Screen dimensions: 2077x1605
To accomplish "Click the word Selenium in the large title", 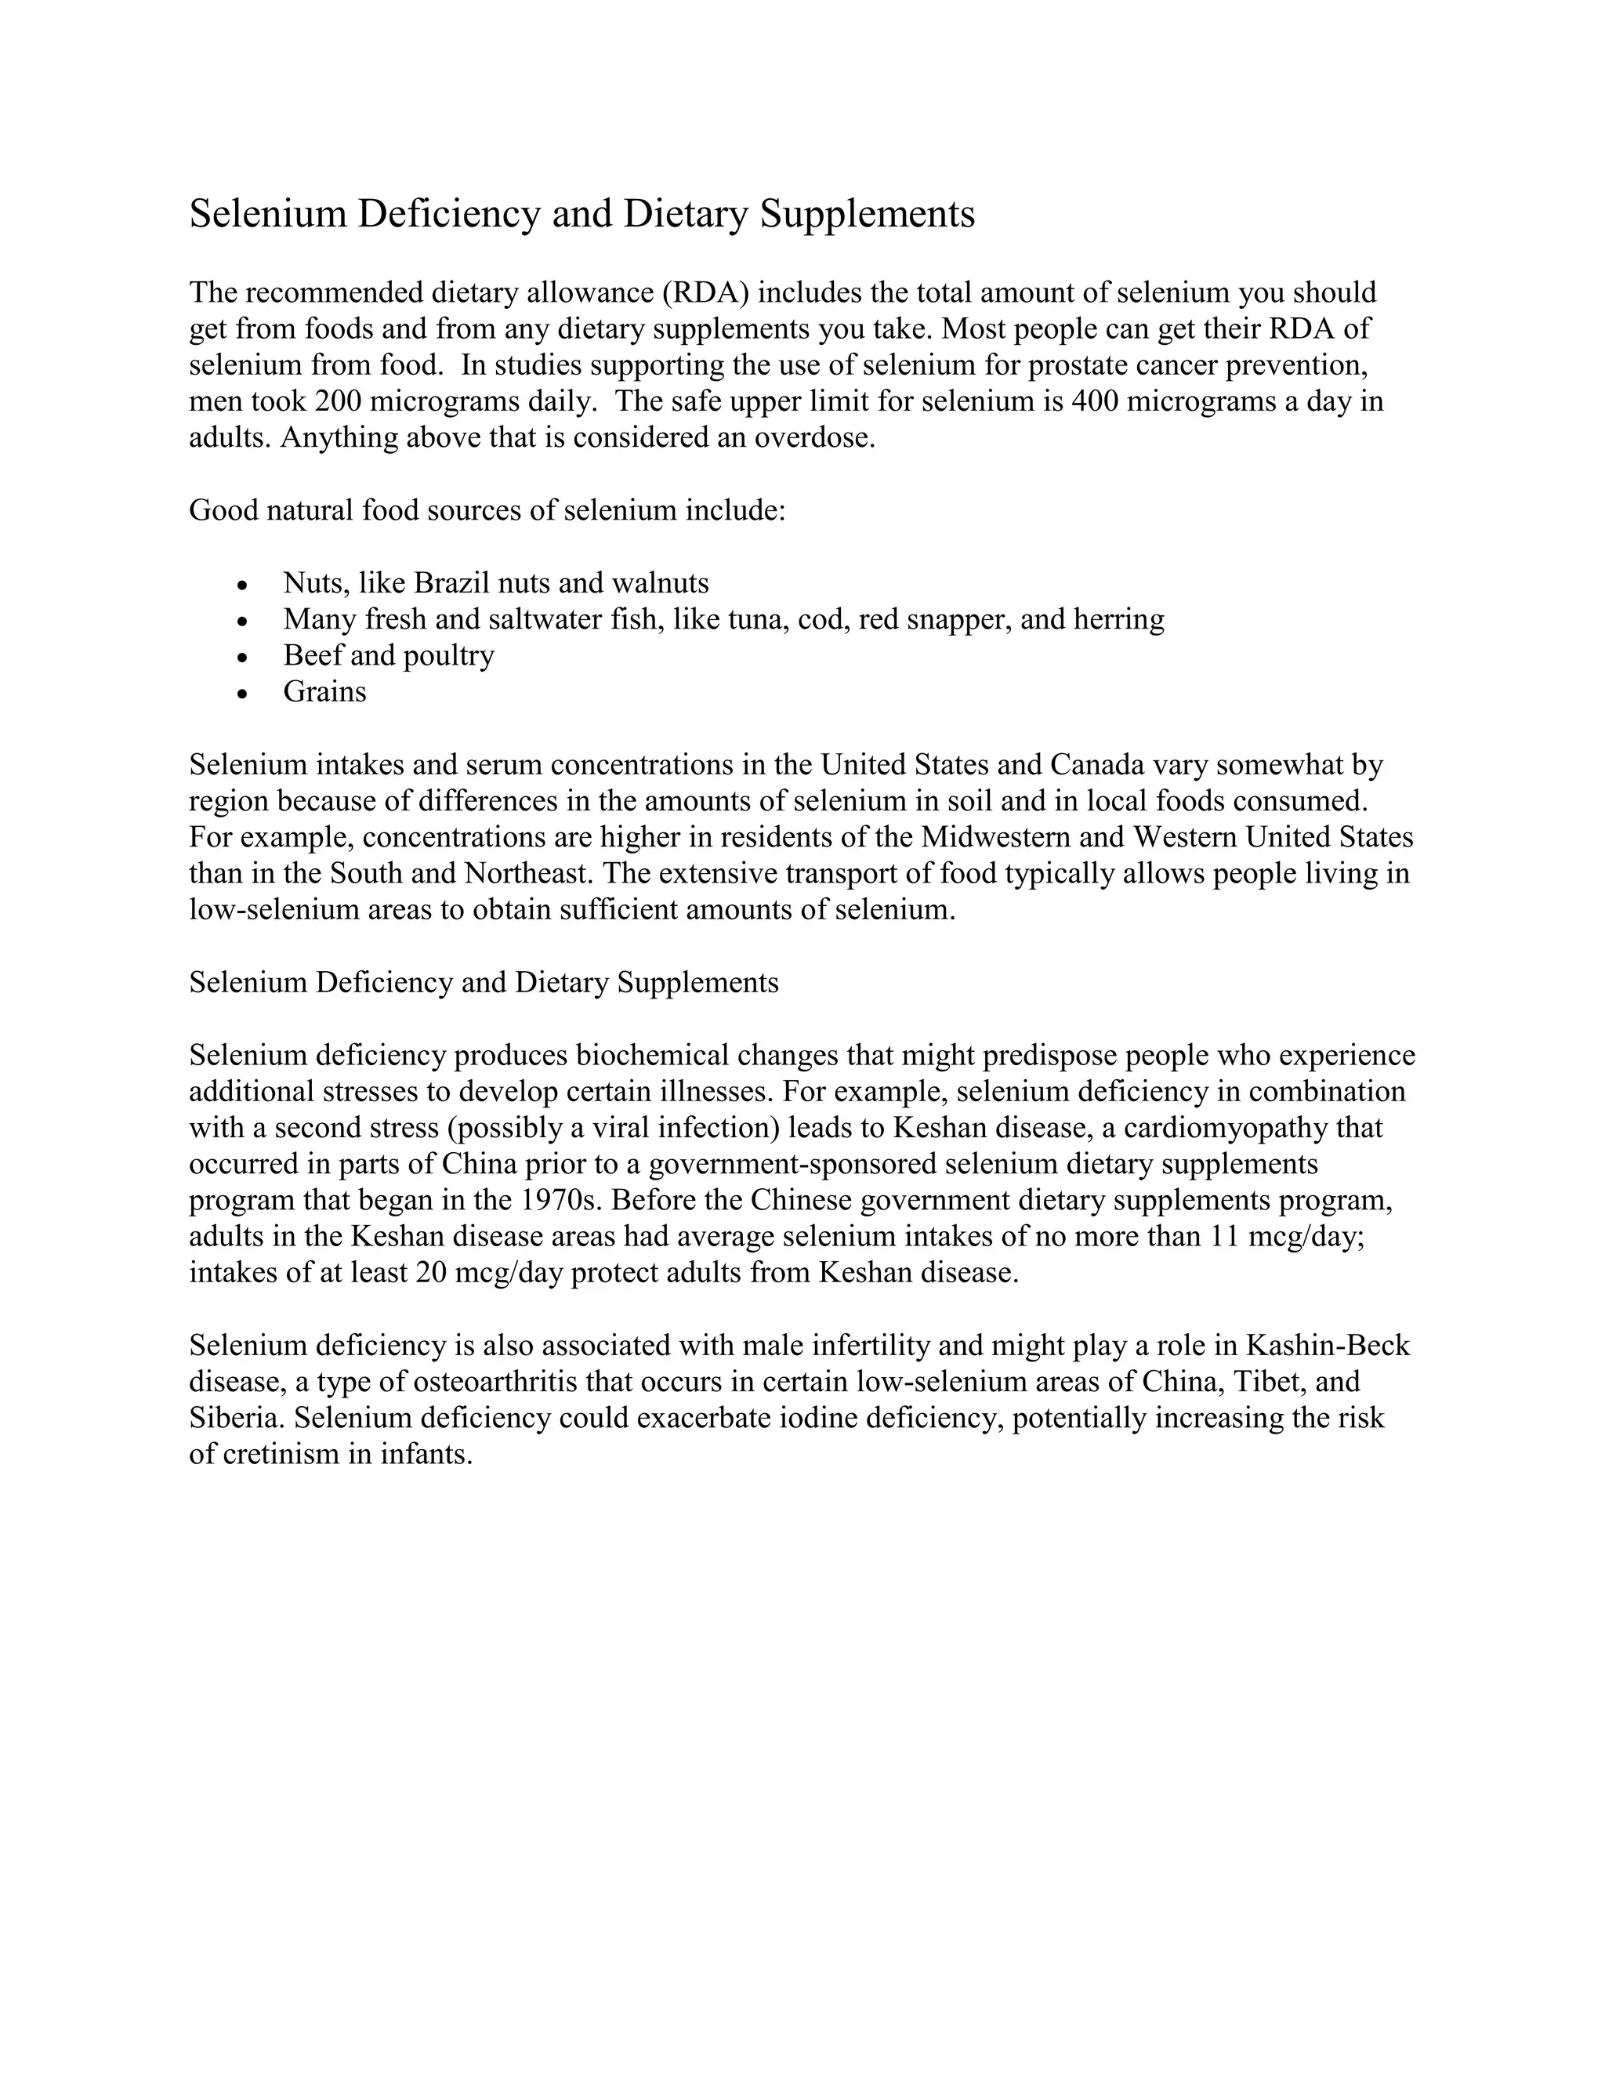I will (x=268, y=214).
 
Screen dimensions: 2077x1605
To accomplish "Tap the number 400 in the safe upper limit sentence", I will (x=1094, y=401).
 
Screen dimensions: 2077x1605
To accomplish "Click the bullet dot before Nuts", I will (x=244, y=585).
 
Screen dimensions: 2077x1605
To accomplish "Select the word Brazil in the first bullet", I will (x=451, y=582).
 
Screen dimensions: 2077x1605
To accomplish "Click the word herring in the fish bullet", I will (x=1118, y=619).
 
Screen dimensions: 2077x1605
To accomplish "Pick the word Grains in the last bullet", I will (x=324, y=691).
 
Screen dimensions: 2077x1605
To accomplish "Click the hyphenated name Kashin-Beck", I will (x=1328, y=1346).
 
